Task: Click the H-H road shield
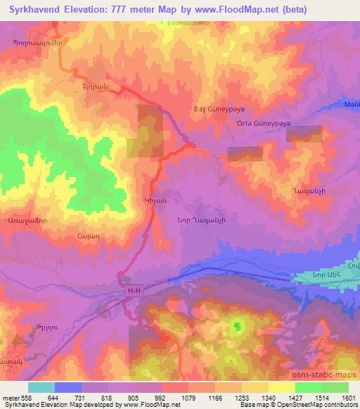pyautogui.click(x=134, y=289)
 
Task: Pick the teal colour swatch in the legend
pyautogui.click(x=41, y=387)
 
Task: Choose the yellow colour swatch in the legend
pyautogui.click(x=282, y=387)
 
